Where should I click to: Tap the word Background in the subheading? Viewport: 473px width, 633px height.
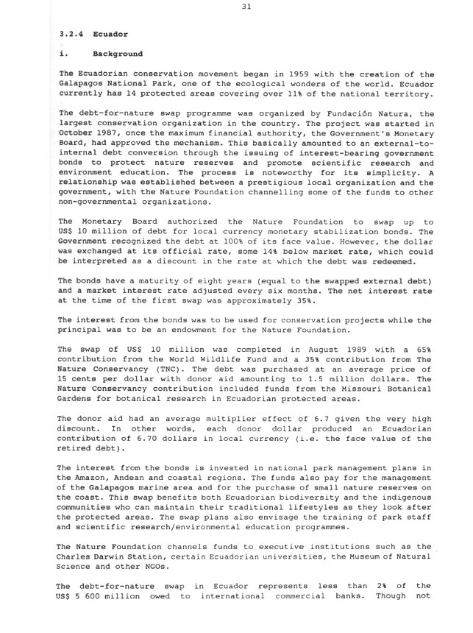coord(118,54)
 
